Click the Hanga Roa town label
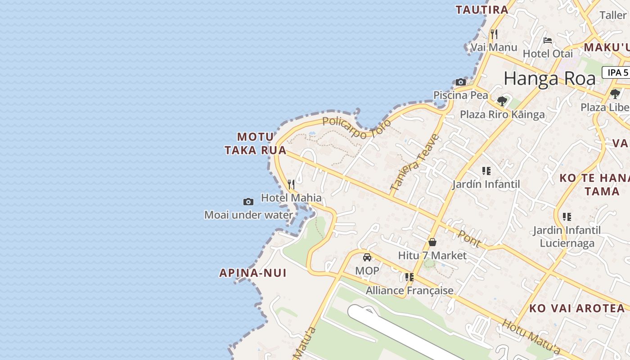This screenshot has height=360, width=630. coord(549,79)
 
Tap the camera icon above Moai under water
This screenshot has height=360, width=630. coord(248,202)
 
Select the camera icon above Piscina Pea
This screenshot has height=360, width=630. coord(460,82)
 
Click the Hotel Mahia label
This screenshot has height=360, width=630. coord(291,198)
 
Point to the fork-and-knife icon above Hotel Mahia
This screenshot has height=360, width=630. coord(291,184)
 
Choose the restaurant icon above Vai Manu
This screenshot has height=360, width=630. coord(494,34)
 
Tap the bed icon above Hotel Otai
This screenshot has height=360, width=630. coord(547,40)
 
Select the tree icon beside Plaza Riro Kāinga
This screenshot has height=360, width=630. coord(502,101)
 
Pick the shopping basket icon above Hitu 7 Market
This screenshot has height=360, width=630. coord(432,242)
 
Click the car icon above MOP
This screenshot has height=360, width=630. coord(367,257)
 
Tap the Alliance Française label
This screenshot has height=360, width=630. coord(409,291)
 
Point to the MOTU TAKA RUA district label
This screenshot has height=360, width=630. coord(256,144)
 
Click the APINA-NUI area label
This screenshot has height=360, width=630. coord(252,273)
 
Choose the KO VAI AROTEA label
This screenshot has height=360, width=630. coord(577,308)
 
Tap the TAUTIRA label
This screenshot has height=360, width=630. coord(481,9)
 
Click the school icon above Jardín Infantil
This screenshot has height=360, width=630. coord(486,171)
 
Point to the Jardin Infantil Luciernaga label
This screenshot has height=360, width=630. coord(567,237)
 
